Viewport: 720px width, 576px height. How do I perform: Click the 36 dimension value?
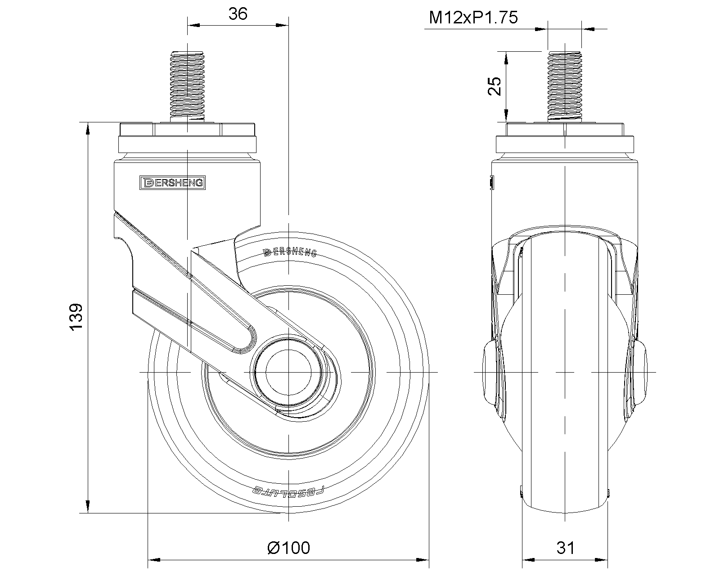(238, 14)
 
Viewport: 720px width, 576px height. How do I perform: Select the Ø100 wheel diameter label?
(288, 548)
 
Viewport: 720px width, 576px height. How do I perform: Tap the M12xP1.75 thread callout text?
(473, 18)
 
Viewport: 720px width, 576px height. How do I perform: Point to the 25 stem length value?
(494, 86)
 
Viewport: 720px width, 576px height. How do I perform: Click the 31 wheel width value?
(566, 548)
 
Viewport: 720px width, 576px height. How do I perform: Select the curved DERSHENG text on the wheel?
(290, 252)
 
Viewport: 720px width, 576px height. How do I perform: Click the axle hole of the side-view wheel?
(288, 372)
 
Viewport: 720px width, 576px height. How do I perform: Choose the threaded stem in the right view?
(564, 86)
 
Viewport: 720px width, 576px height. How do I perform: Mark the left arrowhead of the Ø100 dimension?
(154, 561)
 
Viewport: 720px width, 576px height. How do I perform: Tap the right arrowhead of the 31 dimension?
(601, 561)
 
